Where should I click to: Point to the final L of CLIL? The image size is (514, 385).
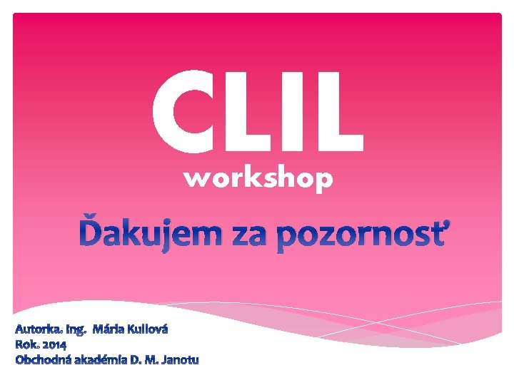click(336, 112)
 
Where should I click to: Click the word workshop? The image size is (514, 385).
click(258, 180)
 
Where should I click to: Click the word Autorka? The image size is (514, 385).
click(39, 330)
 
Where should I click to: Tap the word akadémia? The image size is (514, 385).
click(99, 359)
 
